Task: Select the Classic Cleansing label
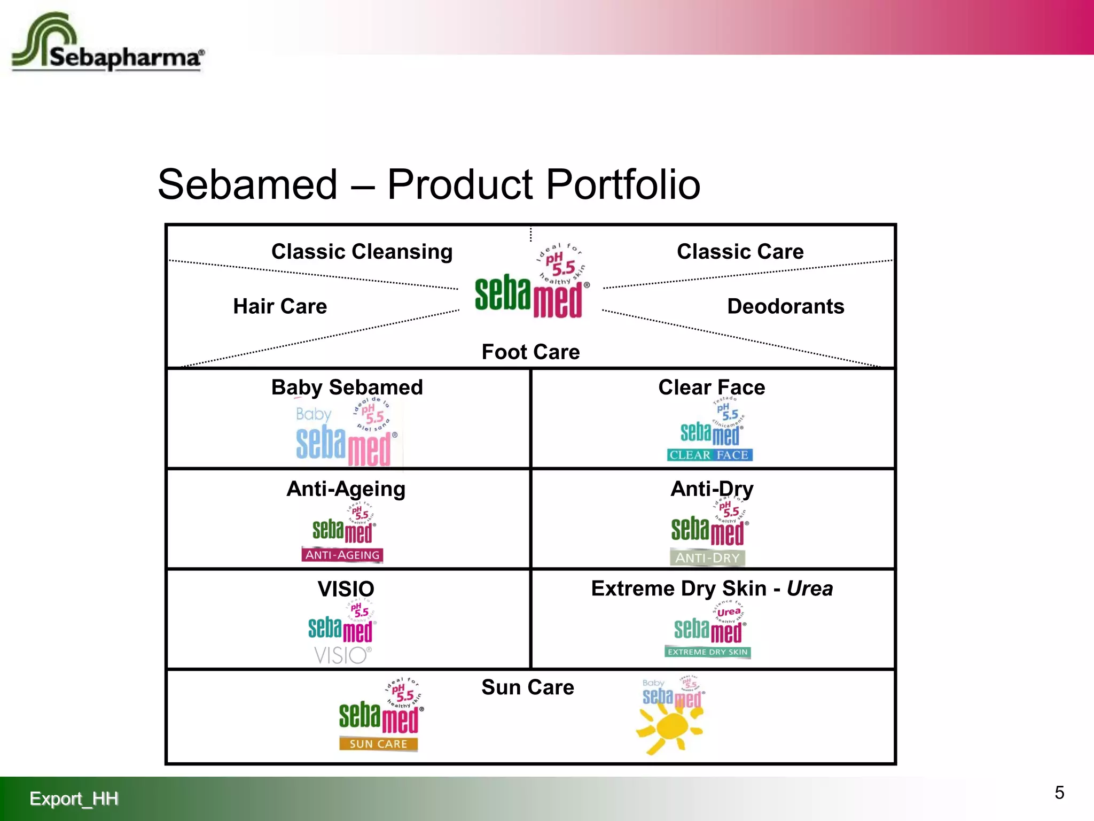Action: pos(362,251)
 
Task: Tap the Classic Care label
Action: pos(740,251)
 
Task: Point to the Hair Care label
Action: pos(280,306)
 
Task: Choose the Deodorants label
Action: pos(785,306)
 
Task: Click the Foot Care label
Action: pos(530,352)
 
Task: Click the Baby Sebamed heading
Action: pos(347,387)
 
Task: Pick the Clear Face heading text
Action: pos(712,387)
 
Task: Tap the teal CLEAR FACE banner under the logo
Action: pos(709,455)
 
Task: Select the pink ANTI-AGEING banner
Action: pos(342,555)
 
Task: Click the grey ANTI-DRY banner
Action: pos(707,557)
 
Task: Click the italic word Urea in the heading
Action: pos(809,588)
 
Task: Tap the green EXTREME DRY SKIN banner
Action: pos(707,652)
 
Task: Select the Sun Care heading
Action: pos(527,687)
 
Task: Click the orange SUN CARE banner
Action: pos(378,744)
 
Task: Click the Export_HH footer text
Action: pos(74,799)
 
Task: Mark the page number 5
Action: pos(1059,793)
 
